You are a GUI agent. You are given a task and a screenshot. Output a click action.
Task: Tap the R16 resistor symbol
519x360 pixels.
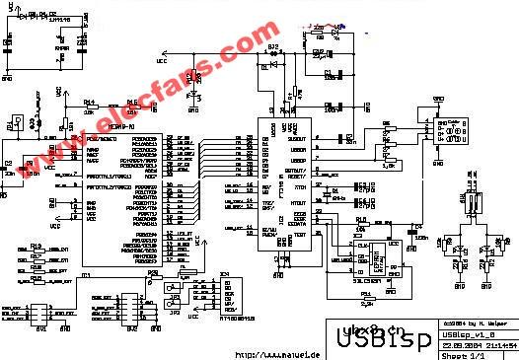[x=133, y=109]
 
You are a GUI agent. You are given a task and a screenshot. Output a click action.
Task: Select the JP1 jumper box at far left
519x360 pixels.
[x=13, y=126]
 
